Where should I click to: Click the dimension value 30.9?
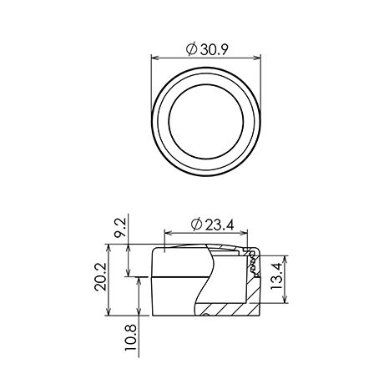tap(215, 50)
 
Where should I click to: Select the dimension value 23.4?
tap(220, 225)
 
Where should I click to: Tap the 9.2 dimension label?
tap(120, 227)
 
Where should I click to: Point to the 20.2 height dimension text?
tap(100, 277)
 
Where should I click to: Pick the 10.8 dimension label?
tap(131, 337)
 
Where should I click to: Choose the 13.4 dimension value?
tap(276, 276)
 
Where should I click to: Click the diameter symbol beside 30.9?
tap(191, 49)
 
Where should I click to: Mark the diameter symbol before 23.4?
tap(196, 225)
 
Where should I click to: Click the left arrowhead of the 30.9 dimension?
tap(154, 58)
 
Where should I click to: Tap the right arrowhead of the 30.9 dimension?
tap(257, 58)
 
